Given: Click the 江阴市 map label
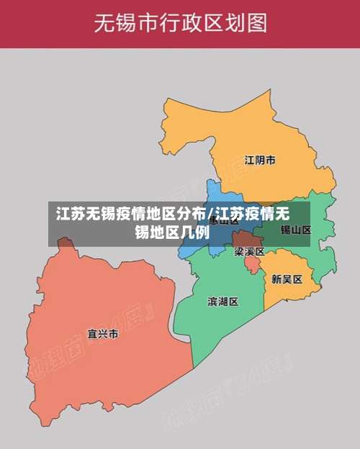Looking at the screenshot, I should click(x=259, y=160).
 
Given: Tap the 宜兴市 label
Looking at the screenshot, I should click(x=102, y=335).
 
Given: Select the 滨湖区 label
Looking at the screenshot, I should click(x=222, y=301).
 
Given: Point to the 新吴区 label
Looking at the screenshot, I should click(x=287, y=278).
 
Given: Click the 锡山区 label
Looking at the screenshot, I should click(x=295, y=230).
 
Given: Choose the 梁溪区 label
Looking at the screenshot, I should click(x=249, y=252).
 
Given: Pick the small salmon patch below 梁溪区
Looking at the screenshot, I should click(x=252, y=265).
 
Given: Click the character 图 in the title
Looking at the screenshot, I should click(x=256, y=23).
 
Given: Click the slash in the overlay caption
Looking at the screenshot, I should click(x=210, y=214).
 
